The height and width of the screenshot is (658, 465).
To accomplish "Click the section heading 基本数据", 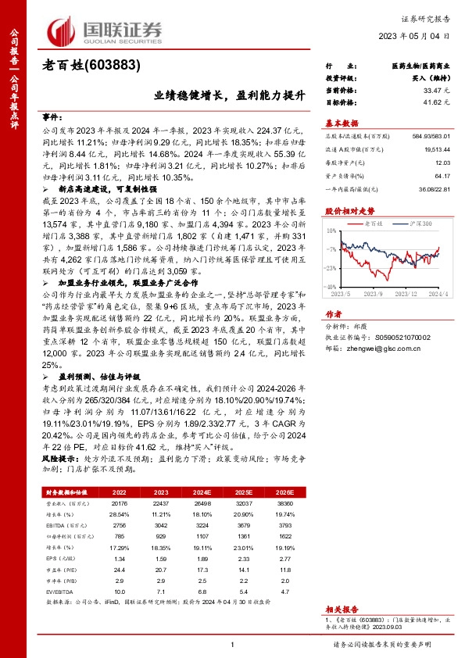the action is click(342, 123).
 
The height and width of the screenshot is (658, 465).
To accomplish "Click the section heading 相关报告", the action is click(342, 606).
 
